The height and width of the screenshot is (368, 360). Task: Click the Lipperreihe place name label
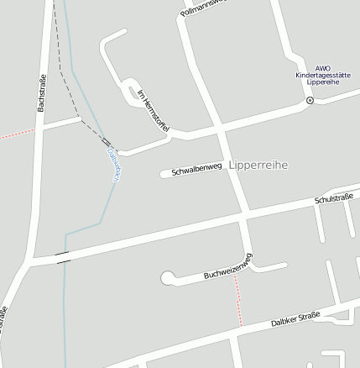click(258, 166)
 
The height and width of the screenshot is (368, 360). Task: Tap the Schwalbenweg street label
click(196, 171)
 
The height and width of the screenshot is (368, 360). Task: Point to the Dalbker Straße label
click(295, 318)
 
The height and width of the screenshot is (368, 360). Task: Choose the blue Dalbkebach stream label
click(114, 164)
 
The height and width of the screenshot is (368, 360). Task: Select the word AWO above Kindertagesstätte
click(323, 68)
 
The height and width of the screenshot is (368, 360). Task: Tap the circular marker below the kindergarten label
click(309, 100)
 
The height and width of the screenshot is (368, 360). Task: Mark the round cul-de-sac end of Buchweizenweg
click(167, 276)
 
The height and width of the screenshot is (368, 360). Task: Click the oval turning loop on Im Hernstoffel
click(131, 94)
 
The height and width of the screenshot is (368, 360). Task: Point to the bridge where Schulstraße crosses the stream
click(63, 257)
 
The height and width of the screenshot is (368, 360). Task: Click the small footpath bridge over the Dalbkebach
click(107, 143)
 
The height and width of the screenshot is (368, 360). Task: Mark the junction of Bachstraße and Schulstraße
click(31, 262)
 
